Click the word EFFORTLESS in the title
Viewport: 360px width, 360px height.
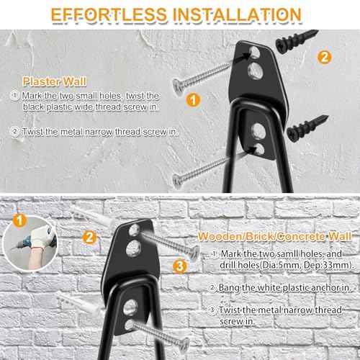click(x=113, y=14)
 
